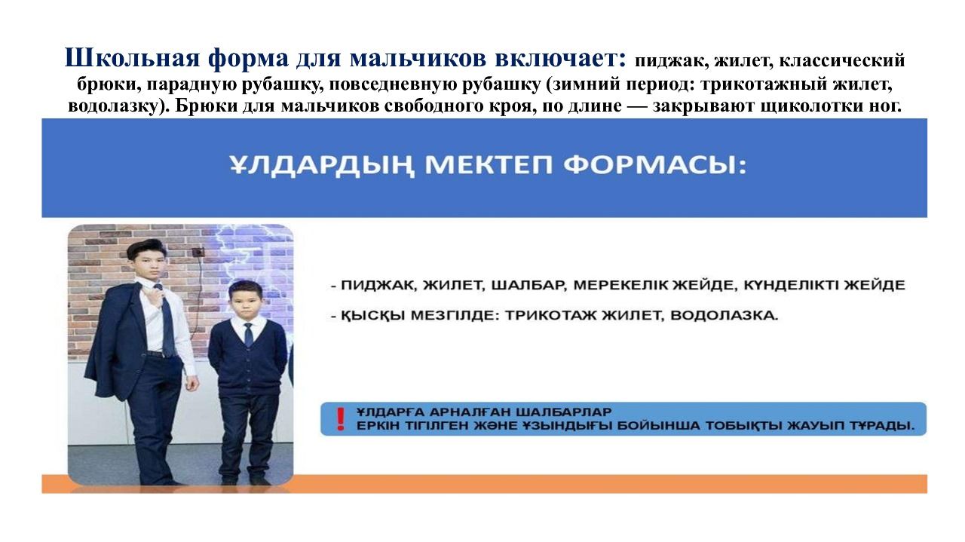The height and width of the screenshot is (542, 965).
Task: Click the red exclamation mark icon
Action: [341, 419]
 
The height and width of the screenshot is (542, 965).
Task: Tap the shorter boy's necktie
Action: [249, 335]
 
